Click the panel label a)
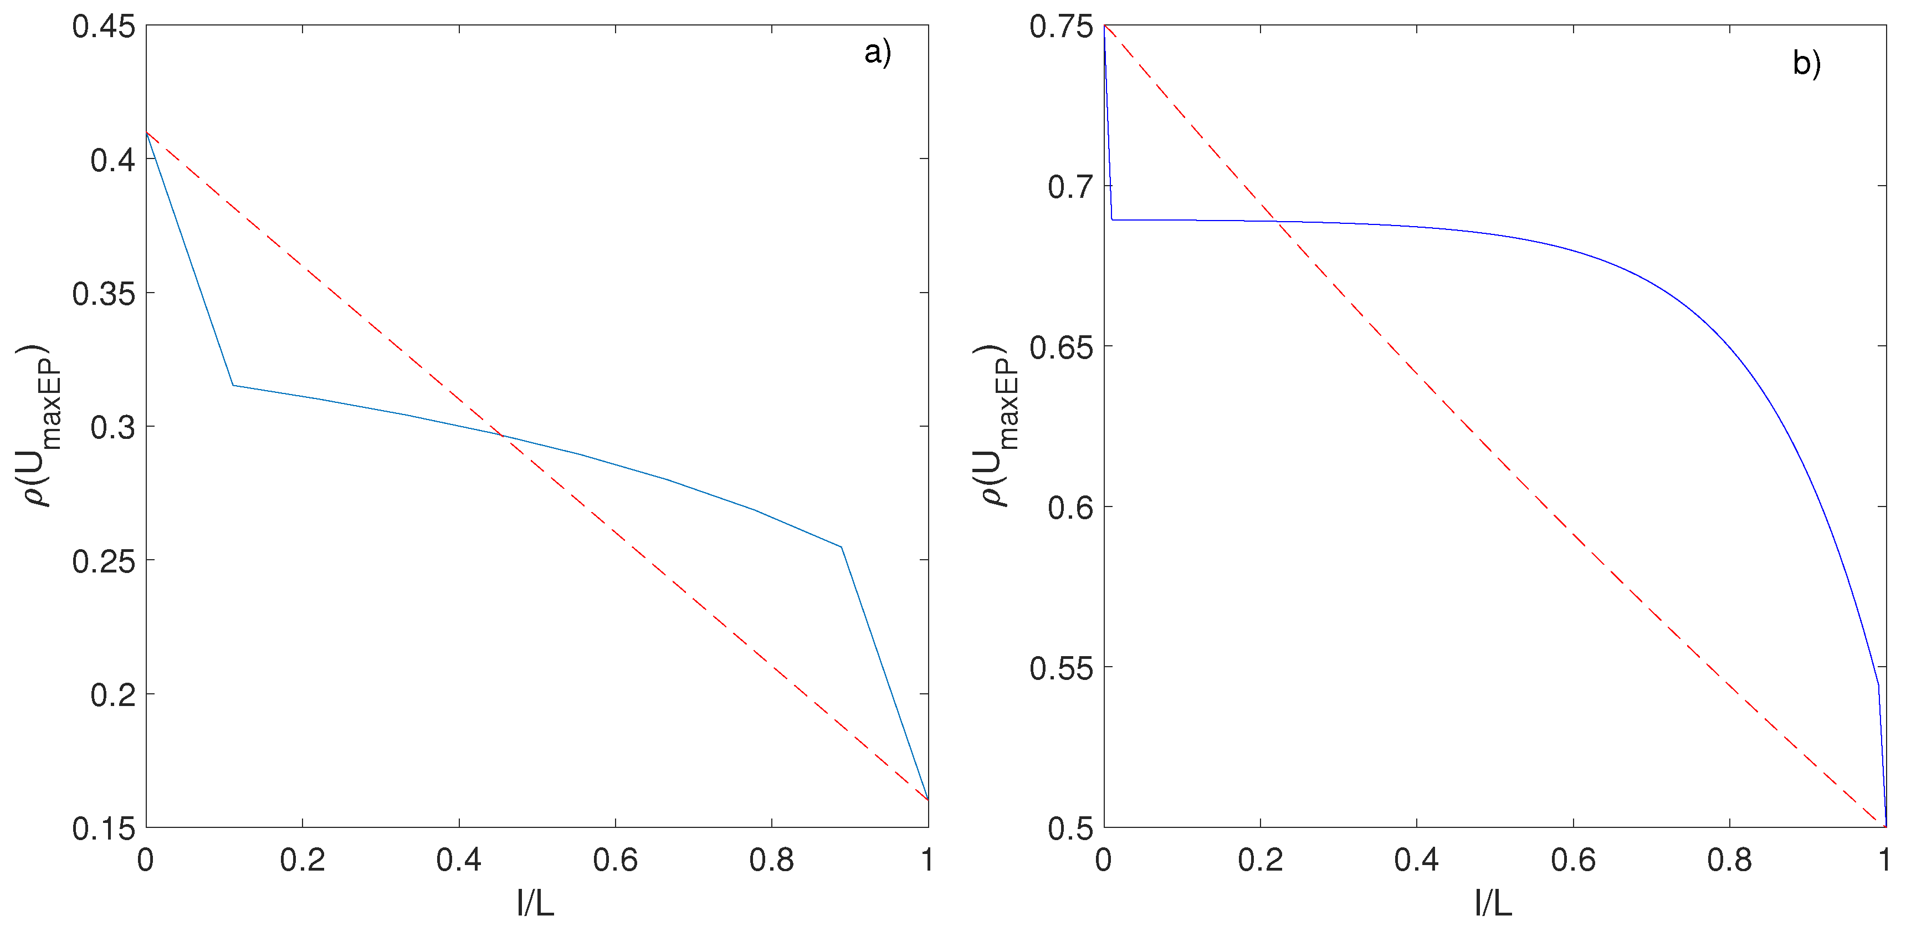point(878,53)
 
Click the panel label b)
point(1806,63)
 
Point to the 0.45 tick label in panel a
point(104,27)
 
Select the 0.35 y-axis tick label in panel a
point(104,294)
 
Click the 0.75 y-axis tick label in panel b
point(1061,27)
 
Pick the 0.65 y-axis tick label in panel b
point(1061,347)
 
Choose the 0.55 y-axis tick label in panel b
point(1061,668)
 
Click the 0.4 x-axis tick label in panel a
point(459,860)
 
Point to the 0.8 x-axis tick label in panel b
point(1729,860)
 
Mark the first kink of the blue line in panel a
point(233,385)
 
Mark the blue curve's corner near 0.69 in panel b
point(1112,219)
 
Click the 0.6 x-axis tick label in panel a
point(615,860)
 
